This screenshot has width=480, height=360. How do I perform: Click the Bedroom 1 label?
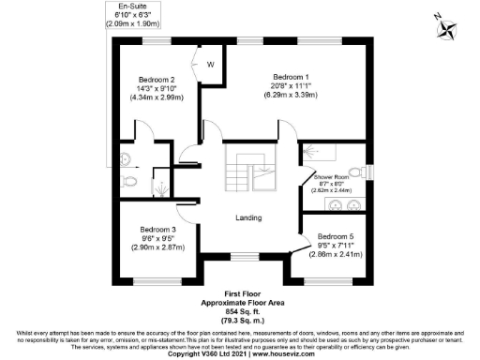[291, 76]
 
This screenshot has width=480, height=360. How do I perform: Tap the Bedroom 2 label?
[157, 80]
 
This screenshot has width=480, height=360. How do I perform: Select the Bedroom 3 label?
[158, 230]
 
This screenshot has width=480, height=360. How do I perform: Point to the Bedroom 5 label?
[336, 236]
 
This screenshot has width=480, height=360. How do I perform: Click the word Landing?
[247, 217]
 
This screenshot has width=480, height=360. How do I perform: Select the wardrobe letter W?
[211, 64]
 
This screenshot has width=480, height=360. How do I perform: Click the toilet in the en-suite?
[132, 180]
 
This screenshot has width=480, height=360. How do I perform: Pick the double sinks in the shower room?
[344, 205]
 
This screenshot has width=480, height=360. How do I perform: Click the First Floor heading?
[240, 294]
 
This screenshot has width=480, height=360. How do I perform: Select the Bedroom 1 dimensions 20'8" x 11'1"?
[291, 84]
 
